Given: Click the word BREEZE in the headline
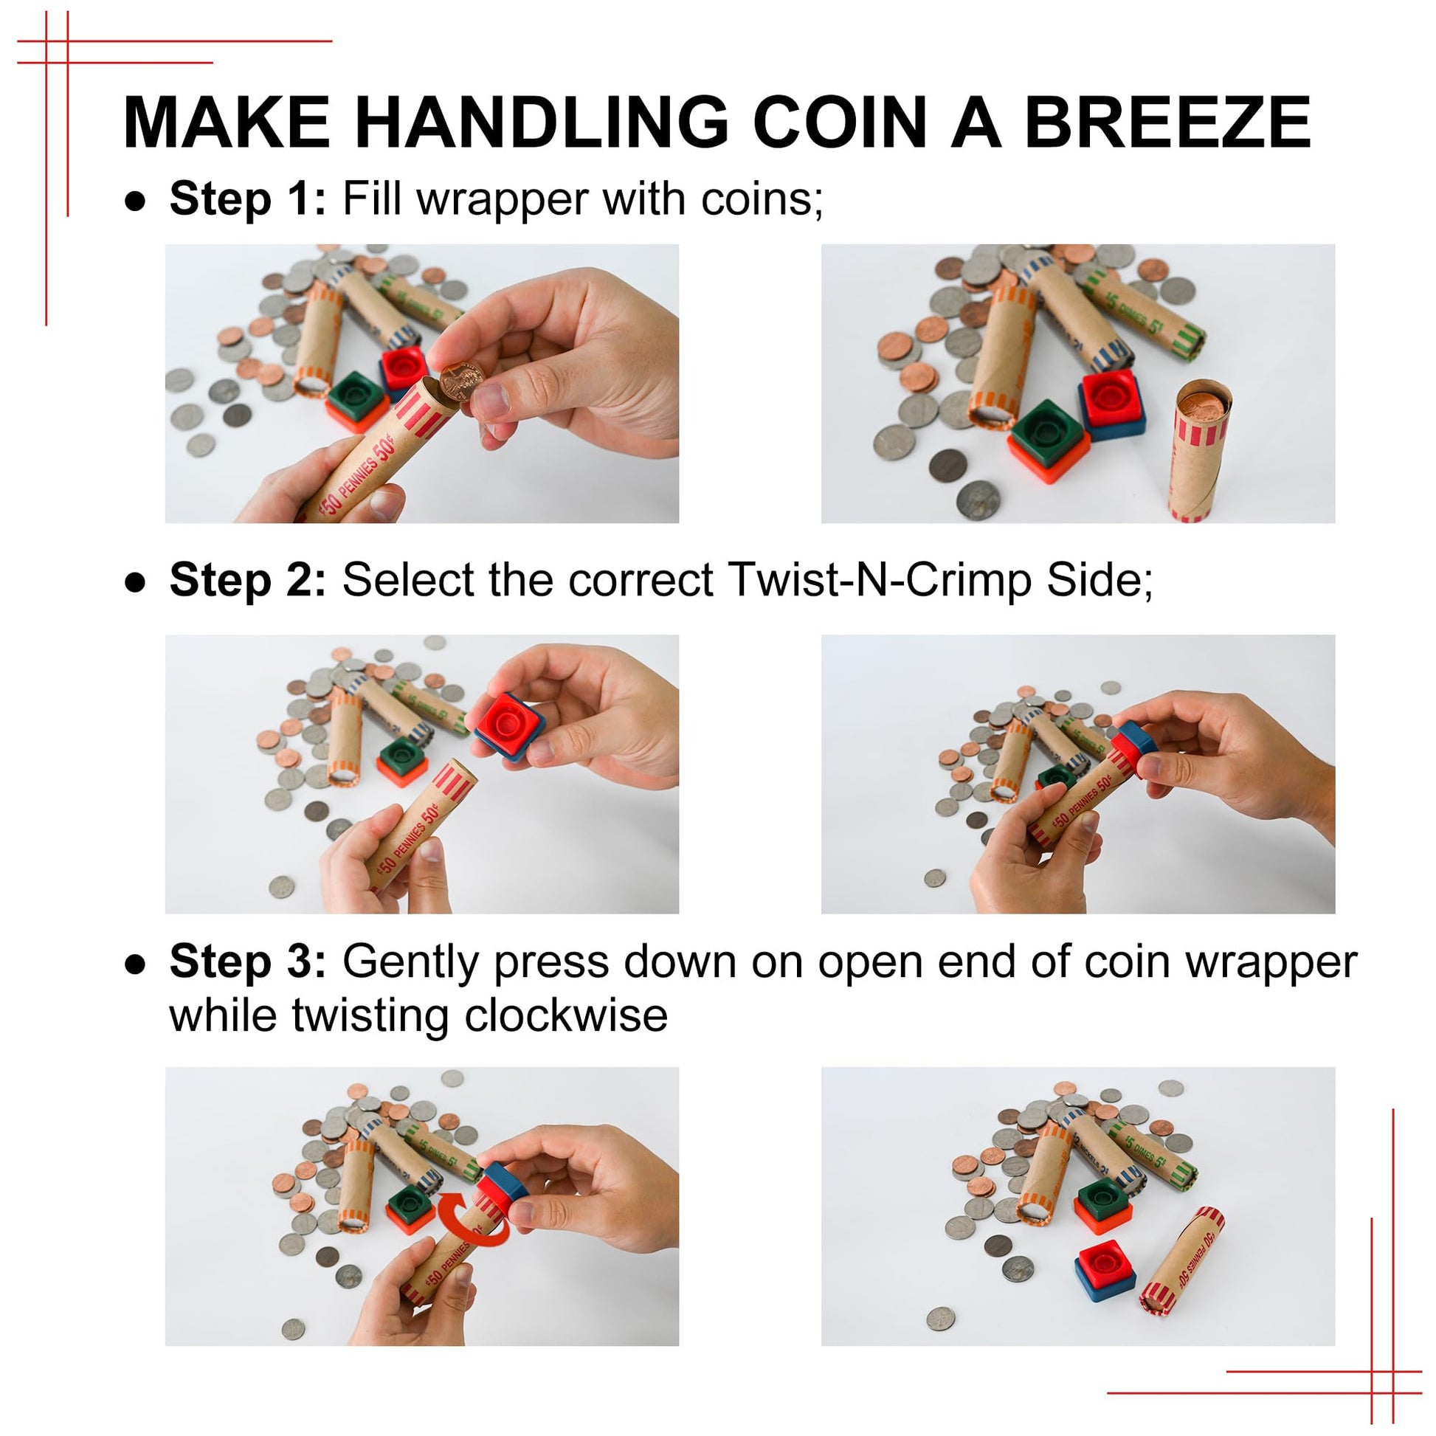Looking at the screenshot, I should [1167, 122].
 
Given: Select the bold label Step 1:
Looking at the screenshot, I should [247, 199].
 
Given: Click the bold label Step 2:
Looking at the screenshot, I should [247, 580].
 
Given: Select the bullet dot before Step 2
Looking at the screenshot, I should [135, 582].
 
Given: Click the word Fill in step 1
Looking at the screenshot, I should [373, 199].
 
